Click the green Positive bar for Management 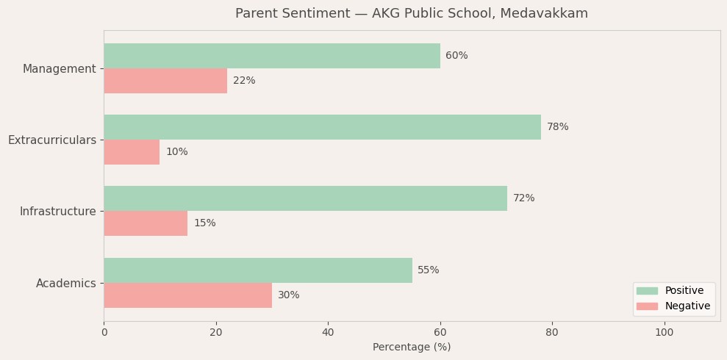pos(272,56)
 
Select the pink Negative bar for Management pos(165,81)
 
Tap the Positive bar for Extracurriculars pos(322,127)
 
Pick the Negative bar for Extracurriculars pos(132,152)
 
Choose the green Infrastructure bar pos(305,198)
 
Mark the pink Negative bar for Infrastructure pos(146,223)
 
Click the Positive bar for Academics pos(257,270)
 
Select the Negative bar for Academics pos(187,295)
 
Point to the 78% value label pos(557,127)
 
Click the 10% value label pos(176,152)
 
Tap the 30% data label pos(288,295)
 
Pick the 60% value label pos(456,56)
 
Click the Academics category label pos(66,284)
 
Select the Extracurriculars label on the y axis pos(52,140)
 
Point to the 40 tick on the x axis pos(328,333)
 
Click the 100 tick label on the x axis pos(664,333)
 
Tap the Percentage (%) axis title pos(412,348)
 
